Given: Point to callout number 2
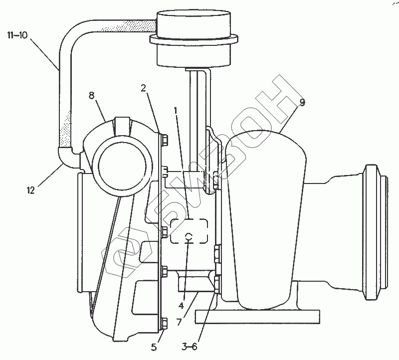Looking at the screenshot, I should [143, 88].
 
